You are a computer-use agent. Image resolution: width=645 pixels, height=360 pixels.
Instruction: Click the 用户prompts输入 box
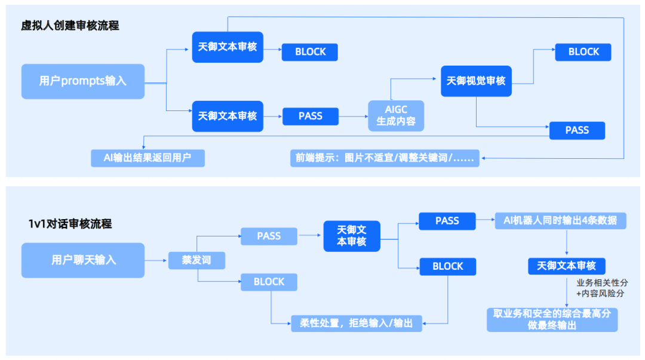click(83, 81)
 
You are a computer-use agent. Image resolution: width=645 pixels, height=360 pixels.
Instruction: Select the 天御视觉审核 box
click(476, 81)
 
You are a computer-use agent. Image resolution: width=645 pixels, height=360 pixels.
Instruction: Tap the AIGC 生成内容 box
click(395, 116)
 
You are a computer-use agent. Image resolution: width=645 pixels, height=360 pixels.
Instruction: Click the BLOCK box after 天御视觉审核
click(583, 52)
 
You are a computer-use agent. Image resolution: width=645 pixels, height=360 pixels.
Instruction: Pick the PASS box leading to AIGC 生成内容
click(310, 116)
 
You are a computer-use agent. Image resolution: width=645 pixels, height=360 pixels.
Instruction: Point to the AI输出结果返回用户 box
click(148, 158)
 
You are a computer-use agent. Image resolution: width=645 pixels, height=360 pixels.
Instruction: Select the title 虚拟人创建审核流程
click(70, 26)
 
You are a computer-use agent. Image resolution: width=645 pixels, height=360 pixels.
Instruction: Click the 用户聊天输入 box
click(83, 260)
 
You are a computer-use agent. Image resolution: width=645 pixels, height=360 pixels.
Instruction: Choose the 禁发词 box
click(196, 260)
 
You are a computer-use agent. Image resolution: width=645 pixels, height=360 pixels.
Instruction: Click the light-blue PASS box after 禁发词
click(269, 236)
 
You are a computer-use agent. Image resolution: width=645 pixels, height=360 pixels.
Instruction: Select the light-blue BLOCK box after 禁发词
click(269, 282)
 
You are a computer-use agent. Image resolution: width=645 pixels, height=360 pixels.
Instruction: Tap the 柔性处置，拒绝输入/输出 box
click(356, 323)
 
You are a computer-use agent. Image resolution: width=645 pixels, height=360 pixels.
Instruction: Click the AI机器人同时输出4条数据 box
click(560, 221)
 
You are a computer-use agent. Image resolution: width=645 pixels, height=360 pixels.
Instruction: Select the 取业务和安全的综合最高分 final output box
click(551, 319)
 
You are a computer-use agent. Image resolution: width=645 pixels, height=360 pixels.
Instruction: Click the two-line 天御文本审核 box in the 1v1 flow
click(351, 235)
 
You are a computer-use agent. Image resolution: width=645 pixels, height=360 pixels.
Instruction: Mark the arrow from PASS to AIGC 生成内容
click(353, 116)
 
